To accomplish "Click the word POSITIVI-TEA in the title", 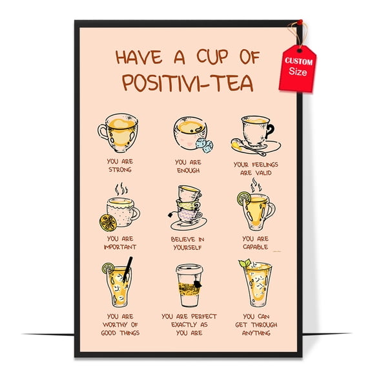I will click(187, 85).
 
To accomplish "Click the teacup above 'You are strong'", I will click(118, 132).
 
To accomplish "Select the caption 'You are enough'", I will click(188, 166).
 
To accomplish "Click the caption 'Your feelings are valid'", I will click(255, 168).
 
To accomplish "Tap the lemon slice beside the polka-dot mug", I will click(108, 222).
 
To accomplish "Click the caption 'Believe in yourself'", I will click(188, 242).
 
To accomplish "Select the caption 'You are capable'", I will click(255, 242).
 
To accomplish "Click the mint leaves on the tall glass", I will click(245, 263).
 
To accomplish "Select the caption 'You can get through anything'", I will click(256, 325).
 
